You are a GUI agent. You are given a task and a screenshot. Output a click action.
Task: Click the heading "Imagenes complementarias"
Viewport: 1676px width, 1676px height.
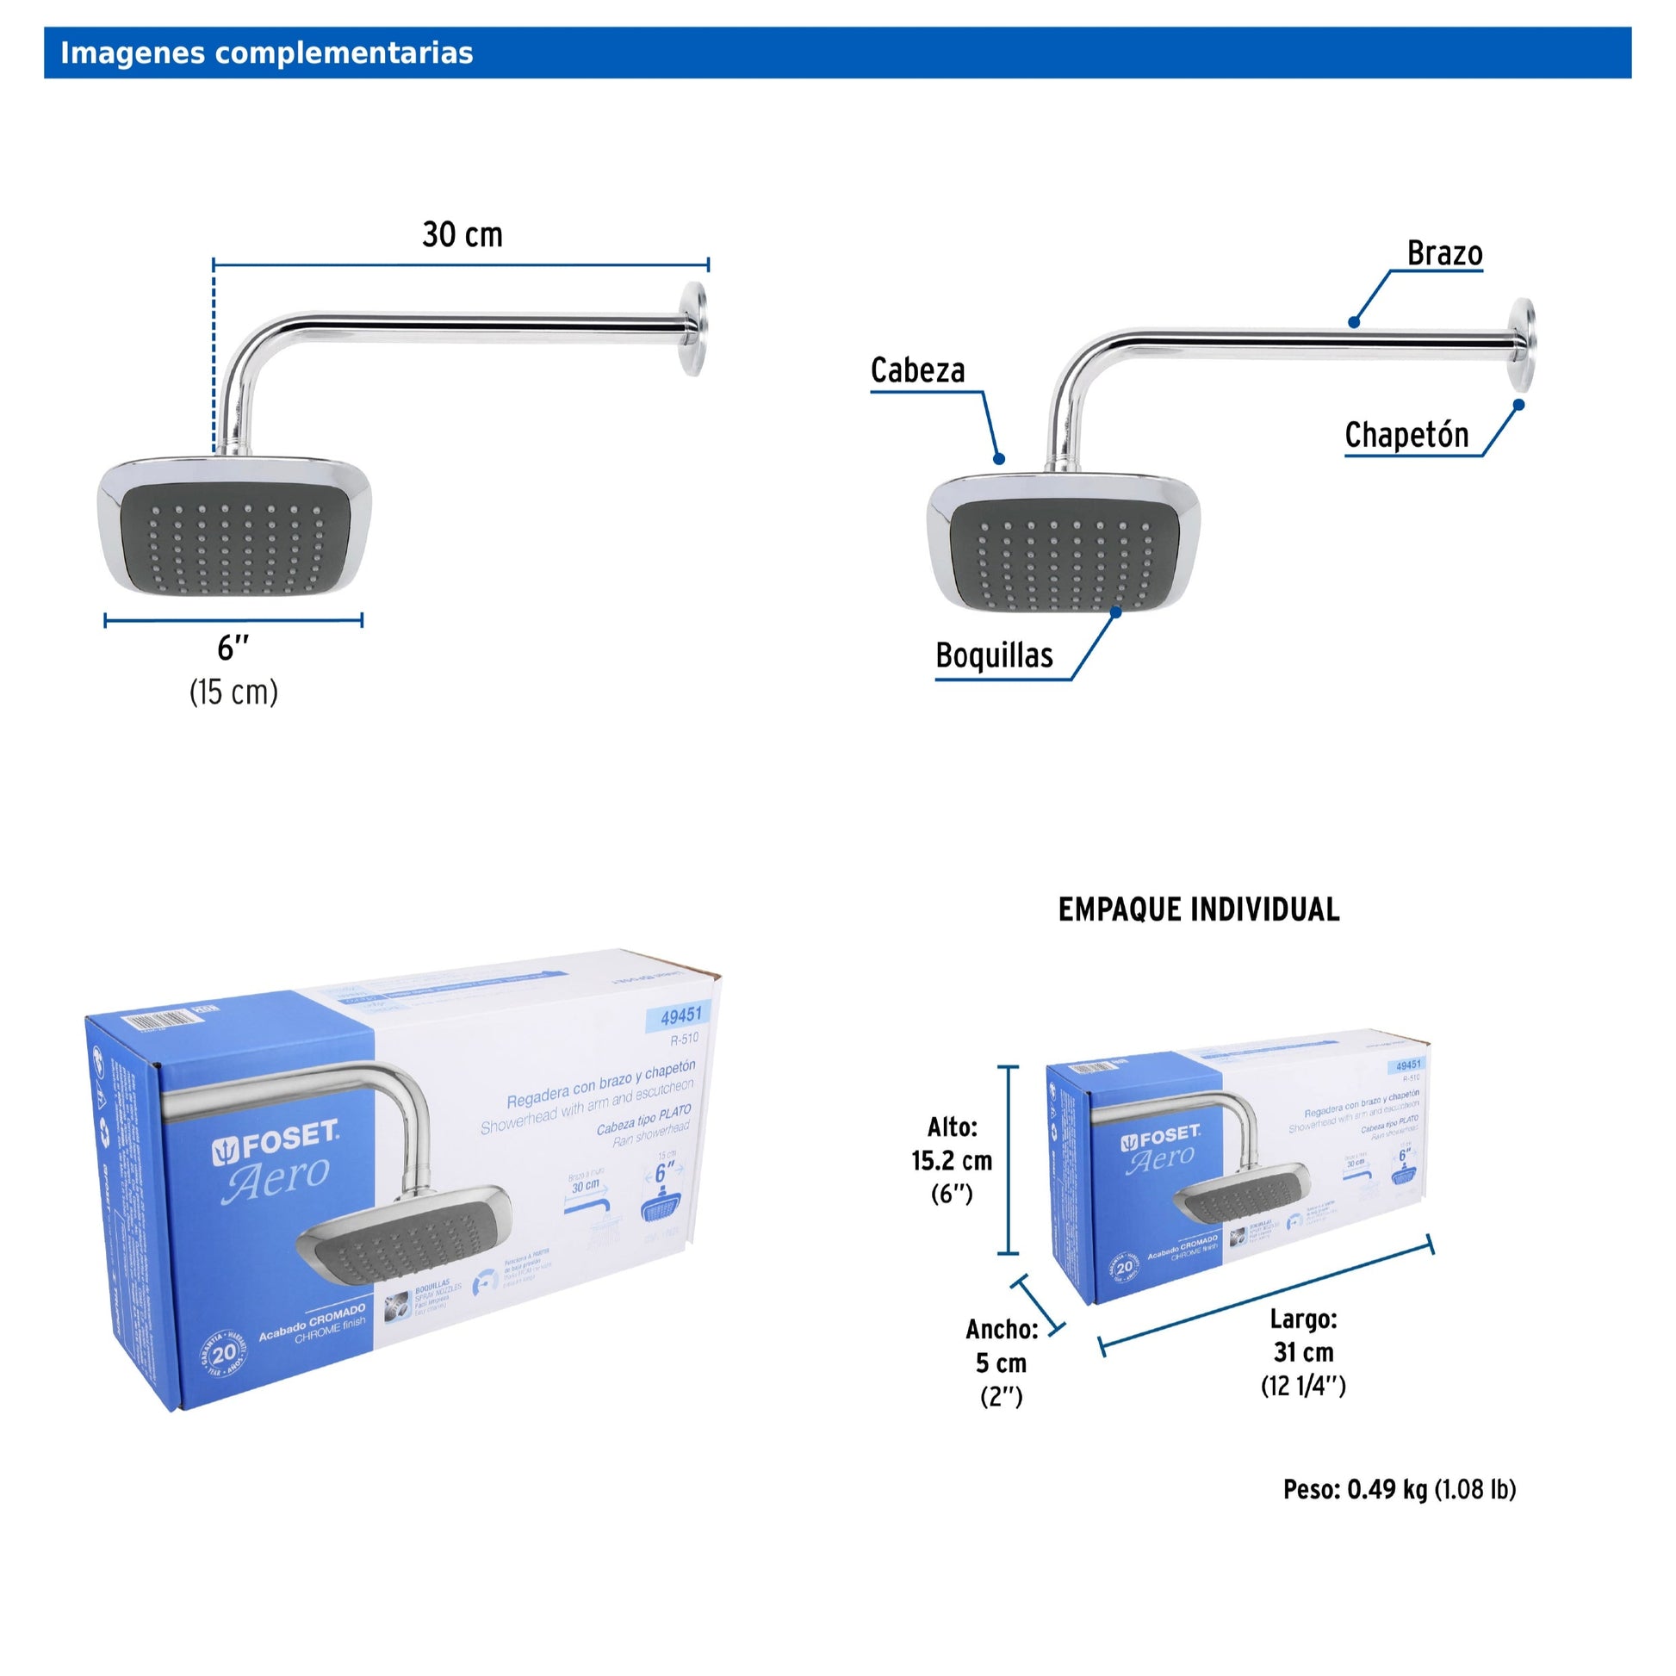(266, 53)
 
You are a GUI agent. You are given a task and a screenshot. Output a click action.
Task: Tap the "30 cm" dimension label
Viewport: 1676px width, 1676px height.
(462, 235)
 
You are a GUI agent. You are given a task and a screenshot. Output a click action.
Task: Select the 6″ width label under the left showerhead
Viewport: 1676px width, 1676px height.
(233, 647)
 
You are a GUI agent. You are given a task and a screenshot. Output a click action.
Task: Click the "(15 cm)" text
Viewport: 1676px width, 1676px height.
(233, 692)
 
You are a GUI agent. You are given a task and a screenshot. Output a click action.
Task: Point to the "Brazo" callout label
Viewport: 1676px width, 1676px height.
(1443, 254)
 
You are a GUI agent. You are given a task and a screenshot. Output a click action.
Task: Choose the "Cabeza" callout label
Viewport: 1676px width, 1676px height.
(917, 371)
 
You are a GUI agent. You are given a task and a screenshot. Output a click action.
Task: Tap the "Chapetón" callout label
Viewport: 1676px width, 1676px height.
(1406, 436)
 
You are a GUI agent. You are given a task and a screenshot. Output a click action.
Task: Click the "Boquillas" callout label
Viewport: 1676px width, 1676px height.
(993, 655)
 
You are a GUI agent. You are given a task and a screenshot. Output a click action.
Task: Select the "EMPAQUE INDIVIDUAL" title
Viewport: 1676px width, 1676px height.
(1198, 910)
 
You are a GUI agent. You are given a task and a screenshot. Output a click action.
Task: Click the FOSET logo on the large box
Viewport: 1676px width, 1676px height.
(276, 1146)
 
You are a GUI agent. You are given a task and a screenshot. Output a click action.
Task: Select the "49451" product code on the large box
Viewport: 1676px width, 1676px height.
(680, 1014)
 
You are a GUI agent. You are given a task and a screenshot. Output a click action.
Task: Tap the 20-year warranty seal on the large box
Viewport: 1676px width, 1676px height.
(223, 1353)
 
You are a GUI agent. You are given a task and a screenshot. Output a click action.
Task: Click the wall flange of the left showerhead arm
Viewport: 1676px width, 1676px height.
(693, 329)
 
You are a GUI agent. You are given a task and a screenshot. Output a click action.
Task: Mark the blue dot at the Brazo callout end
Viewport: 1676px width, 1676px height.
(1354, 323)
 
